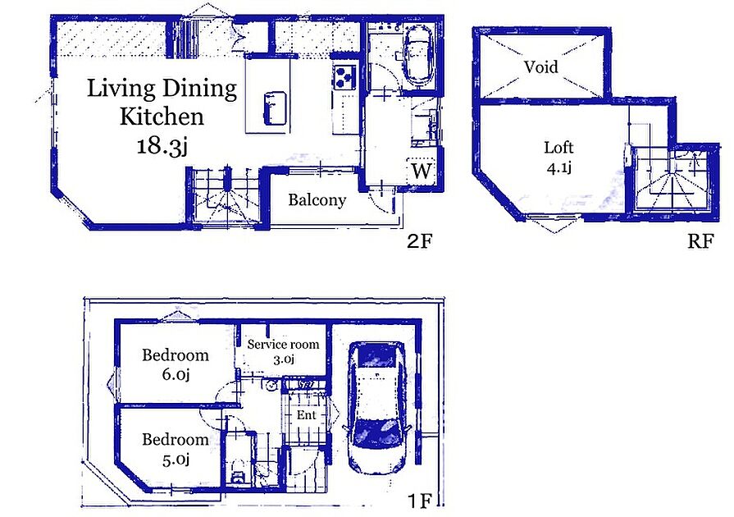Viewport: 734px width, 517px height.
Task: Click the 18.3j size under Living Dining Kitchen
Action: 162,147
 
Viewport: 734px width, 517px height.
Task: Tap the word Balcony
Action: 317,200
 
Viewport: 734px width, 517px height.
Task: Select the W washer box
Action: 422,172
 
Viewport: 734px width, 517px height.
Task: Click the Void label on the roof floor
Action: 541,67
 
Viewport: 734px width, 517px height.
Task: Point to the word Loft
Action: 558,148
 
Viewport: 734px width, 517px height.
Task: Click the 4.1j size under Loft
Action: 558,167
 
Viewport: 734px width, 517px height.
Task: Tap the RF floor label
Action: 700,241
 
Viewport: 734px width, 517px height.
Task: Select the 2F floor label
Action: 419,241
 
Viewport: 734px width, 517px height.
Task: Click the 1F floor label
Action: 419,501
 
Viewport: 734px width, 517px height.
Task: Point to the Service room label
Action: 283,344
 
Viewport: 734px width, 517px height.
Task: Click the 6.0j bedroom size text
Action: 176,375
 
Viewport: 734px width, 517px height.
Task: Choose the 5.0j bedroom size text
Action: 176,460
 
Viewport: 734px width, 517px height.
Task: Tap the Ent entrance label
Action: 306,415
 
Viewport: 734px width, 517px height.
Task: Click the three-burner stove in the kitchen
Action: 344,77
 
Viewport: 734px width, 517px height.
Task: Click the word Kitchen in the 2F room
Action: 162,117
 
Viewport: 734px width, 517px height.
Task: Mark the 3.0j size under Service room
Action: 283,359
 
